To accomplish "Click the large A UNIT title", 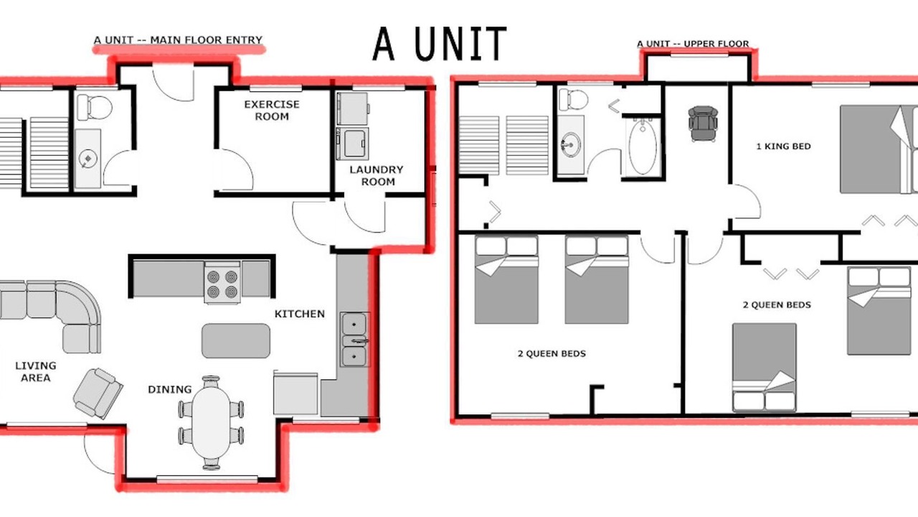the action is coord(440,44).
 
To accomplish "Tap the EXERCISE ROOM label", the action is coord(272,111).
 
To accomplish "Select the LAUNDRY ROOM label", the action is coord(377,176).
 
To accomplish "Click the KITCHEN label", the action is coord(300,314).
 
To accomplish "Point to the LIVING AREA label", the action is coord(36,372).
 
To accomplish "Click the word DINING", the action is coord(170,389).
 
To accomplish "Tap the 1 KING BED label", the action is coord(783,146).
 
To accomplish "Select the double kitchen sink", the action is coord(354,340).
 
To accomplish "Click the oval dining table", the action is coord(211,423).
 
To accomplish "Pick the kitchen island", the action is coord(236,340).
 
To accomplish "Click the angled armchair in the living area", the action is coord(98,393).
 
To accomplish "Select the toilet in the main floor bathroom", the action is coord(94,107).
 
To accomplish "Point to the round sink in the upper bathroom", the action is coord(570,144).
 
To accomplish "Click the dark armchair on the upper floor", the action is coord(703,124).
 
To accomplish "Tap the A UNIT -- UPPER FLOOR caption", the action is coord(693,44).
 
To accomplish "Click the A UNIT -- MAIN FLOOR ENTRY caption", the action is coord(178,40).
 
